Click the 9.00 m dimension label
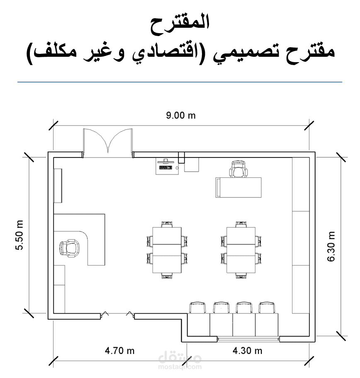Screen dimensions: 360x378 pos(180,116)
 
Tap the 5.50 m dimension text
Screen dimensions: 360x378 pos(19,235)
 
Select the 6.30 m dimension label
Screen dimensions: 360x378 pos(331,246)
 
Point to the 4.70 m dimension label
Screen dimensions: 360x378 pos(119,351)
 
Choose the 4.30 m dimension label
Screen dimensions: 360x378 pos(247,351)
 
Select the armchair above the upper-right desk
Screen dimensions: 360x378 pos(238,169)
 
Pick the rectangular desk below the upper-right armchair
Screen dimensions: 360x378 pos(238,188)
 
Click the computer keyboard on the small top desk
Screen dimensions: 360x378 pos(166,167)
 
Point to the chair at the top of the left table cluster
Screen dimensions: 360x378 pos(167,225)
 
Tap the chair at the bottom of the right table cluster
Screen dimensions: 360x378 pos(241,276)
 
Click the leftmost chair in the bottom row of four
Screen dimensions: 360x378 pos(198,308)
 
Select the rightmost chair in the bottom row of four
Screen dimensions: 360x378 pos(266,308)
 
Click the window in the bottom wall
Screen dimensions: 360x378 pos(248,339)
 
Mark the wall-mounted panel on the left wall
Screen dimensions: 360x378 pos(58,186)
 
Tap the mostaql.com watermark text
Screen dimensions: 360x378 pos(180,367)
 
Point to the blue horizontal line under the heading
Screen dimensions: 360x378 pos(180,82)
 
